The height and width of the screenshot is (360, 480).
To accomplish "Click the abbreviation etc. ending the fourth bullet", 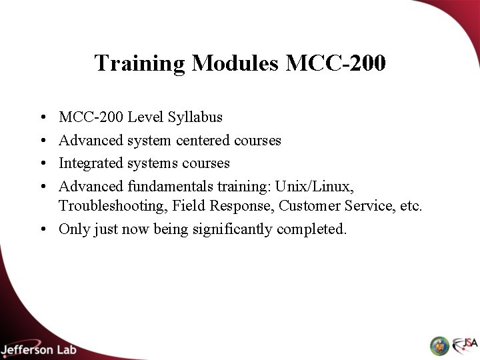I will (x=410, y=207).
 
